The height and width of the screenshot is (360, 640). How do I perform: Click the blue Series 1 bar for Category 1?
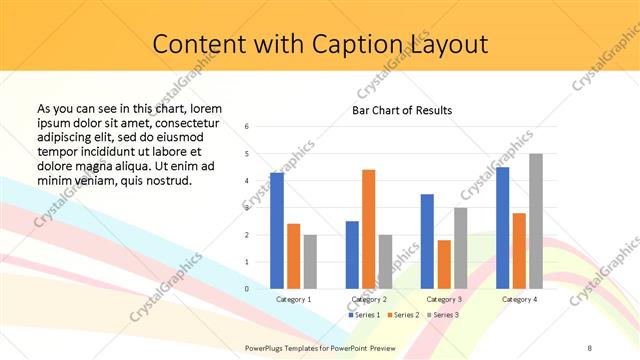(277, 231)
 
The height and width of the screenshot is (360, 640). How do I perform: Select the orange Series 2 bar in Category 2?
(368, 229)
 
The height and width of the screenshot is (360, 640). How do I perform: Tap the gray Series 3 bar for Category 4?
(536, 221)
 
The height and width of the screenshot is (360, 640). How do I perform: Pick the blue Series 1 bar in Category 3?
(427, 241)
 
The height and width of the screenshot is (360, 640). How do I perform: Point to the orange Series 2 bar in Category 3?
(444, 264)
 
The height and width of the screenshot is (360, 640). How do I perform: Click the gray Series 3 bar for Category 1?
(310, 262)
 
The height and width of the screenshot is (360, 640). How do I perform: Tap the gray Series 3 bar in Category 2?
(386, 262)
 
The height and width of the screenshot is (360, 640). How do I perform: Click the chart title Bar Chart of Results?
(402, 110)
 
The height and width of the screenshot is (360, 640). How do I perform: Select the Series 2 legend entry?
(402, 315)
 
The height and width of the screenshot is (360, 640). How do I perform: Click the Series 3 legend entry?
(442, 315)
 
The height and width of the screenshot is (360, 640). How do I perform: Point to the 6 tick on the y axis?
(247, 127)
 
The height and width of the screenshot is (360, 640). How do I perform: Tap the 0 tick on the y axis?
(247, 289)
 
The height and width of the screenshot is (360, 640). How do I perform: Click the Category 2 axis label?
(369, 299)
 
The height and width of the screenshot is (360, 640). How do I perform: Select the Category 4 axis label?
(519, 299)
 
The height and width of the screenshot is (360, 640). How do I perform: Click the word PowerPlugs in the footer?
(264, 346)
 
